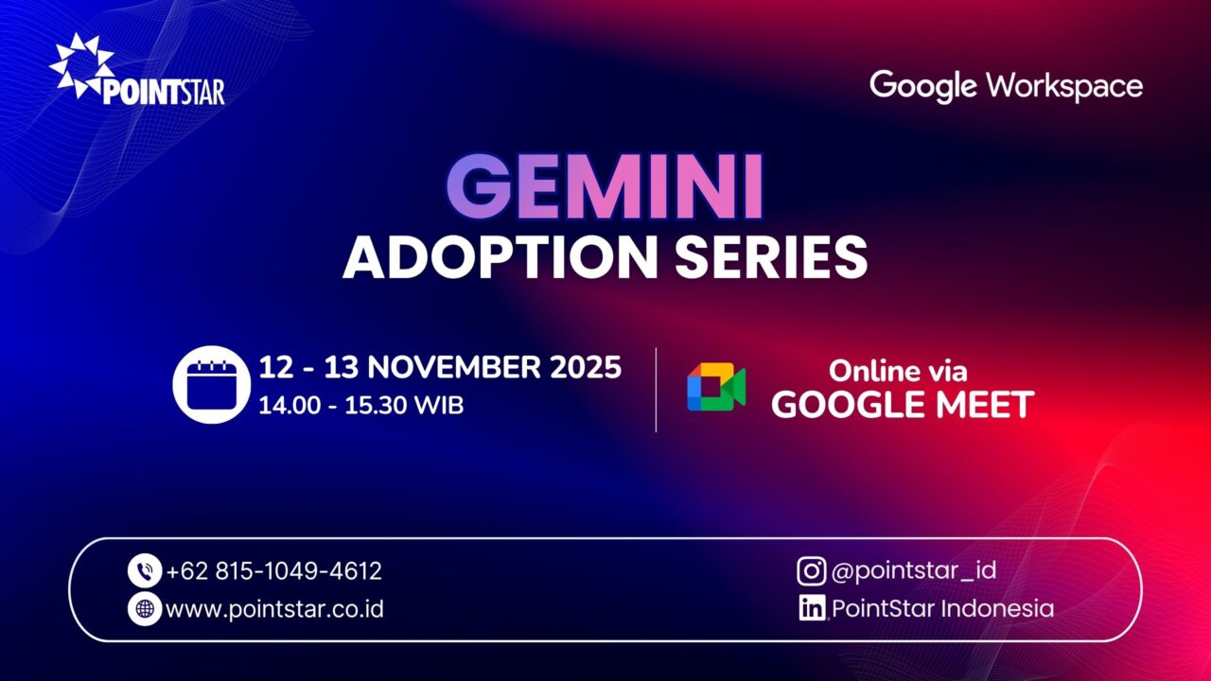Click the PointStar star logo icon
tap(79, 65)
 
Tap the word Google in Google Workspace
tap(922, 86)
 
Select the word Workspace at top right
tap(1064, 86)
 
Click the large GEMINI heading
tap(605, 186)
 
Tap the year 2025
tap(587, 368)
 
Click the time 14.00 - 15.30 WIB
tap(360, 406)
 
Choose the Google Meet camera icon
tap(716, 388)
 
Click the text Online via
tap(899, 371)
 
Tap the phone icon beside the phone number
tap(145, 571)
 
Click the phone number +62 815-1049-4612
tap(273, 571)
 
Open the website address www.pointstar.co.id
tap(274, 609)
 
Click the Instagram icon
tap(811, 570)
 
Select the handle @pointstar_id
tap(913, 570)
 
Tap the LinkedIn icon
tap(811, 608)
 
